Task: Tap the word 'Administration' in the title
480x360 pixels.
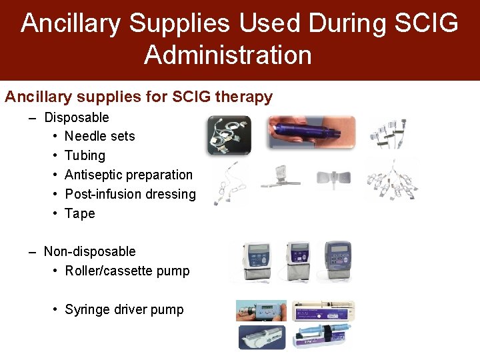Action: coord(227,55)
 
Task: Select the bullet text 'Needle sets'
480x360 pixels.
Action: coord(99,136)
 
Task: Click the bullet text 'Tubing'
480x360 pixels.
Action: coord(85,155)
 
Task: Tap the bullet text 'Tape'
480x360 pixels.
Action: coord(79,213)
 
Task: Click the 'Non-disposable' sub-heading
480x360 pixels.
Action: coord(89,251)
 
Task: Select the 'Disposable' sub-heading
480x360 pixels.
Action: coord(76,117)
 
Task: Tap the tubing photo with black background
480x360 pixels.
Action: coord(229,135)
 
